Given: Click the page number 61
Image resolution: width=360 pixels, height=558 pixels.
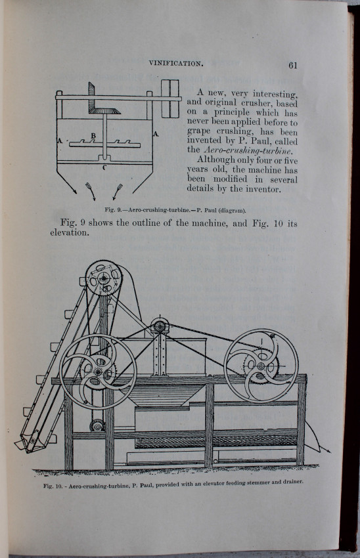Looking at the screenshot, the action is click(293, 65).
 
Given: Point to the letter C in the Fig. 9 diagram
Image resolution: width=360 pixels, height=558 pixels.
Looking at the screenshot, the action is click(104, 167).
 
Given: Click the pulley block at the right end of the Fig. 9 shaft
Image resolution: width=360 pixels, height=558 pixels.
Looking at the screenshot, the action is click(170, 99).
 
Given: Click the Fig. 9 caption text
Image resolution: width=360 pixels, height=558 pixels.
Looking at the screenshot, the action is click(175, 210).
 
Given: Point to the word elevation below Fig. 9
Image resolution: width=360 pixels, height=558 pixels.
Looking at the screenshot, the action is click(69, 233).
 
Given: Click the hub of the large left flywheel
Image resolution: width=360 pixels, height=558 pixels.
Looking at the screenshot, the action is click(98, 372).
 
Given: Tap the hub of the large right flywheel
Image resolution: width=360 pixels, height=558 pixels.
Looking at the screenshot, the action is click(261, 366).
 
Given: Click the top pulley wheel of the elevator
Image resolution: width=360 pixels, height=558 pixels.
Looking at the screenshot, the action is click(104, 278).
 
